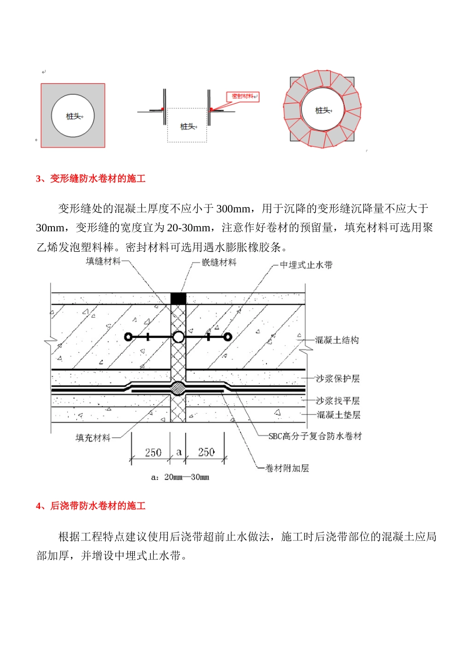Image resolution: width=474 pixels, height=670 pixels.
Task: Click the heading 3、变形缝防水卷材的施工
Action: point(90,178)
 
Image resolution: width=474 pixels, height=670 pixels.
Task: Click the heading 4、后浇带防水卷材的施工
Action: point(90,506)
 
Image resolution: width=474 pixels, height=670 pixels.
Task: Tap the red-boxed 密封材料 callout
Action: point(243,96)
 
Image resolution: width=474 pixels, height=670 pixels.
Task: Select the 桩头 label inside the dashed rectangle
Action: point(187,127)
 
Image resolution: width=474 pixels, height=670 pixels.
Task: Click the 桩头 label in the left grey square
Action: point(73,116)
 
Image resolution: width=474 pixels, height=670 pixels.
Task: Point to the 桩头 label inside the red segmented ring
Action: point(322,110)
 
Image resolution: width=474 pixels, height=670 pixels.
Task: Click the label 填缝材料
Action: point(103,261)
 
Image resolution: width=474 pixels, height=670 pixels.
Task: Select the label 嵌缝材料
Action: point(219,262)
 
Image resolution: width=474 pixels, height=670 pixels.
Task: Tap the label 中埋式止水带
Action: point(306,265)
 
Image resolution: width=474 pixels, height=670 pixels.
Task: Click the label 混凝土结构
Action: point(337,340)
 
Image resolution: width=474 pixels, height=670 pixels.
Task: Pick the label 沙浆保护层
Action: point(338,379)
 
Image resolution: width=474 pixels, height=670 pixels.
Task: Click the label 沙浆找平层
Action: point(338,401)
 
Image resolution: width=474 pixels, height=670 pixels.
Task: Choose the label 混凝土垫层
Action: point(338,415)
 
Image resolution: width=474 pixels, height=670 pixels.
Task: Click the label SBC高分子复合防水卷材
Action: point(315,436)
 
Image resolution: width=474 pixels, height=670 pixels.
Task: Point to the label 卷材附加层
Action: point(287,468)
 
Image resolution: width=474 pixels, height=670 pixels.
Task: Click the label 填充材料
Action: point(93,438)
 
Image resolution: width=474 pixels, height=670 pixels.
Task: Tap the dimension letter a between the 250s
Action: point(179,453)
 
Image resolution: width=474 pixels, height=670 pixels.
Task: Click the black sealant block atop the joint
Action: point(178,299)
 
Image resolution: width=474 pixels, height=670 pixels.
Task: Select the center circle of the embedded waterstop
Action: point(178,337)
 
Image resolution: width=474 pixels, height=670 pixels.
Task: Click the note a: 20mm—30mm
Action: point(180,477)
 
